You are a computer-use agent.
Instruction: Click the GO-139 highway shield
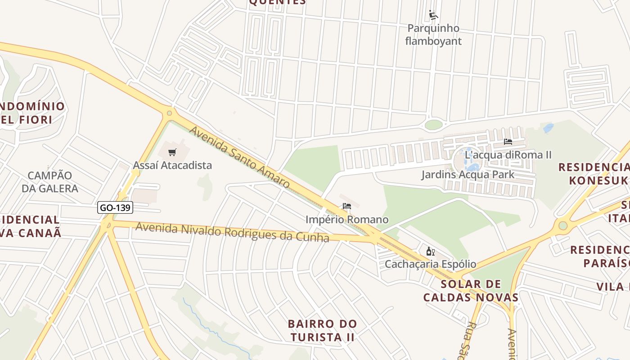point(115,207)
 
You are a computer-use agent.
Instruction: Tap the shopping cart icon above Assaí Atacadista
point(172,152)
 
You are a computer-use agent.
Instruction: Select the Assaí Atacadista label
point(172,165)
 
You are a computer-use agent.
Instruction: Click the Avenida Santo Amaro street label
point(239,157)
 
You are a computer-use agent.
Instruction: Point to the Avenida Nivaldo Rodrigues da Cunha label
point(232,232)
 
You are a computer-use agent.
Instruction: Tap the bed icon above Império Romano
point(346,207)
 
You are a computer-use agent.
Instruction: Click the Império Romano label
point(346,220)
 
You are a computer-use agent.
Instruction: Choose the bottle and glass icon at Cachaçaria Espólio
point(430,251)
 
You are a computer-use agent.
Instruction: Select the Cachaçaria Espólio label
point(430,264)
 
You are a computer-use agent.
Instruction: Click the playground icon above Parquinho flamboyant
point(433,15)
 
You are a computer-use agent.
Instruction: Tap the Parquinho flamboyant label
point(433,35)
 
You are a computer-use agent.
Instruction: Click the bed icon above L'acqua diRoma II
point(508,141)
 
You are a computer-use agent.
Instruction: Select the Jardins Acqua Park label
point(468,174)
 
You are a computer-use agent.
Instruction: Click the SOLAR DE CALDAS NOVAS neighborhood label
point(471,291)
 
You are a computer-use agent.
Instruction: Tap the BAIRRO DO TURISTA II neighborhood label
point(322,330)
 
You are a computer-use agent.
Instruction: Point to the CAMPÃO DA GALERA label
point(50,182)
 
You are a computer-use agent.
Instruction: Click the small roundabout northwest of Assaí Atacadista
point(170,113)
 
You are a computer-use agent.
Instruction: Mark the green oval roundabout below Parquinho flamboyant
point(433,125)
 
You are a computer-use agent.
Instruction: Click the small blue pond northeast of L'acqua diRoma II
point(548,128)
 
